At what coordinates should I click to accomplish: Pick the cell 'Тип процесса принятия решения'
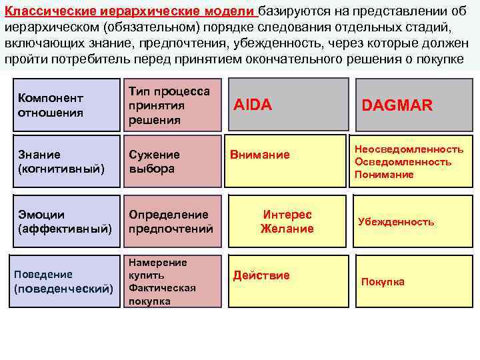tap(171, 105)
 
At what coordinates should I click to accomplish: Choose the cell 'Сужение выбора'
tap(171, 162)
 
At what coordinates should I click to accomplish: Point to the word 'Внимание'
tap(260, 155)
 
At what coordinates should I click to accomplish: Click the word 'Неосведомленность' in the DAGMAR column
tap(409, 149)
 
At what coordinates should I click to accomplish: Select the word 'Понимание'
tap(384, 175)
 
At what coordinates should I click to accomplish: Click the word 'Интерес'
tap(287, 215)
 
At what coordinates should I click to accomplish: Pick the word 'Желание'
tap(287, 229)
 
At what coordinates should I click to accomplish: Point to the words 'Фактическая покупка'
tap(162, 295)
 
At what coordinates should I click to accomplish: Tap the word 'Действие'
tap(261, 275)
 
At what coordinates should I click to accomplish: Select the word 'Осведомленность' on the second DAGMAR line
tap(403, 162)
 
